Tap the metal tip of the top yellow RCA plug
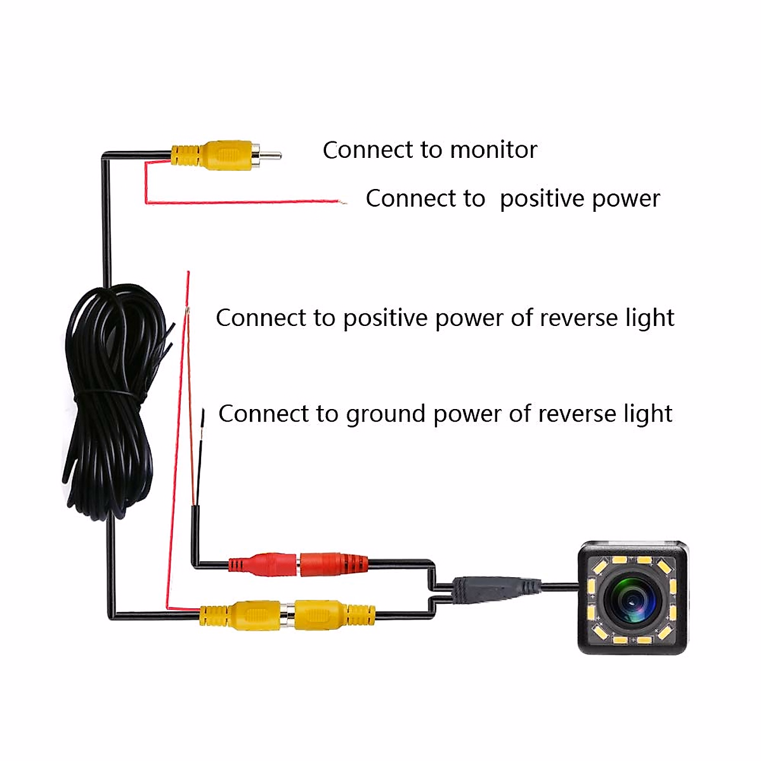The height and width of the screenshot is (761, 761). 271,154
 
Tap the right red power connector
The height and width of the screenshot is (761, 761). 333,564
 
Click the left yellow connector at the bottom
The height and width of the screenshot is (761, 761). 244,615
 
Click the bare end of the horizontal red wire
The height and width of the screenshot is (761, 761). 343,202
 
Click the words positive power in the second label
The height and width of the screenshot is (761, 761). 580,199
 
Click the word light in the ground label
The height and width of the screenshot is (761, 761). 647,413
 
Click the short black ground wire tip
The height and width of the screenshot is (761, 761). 203,415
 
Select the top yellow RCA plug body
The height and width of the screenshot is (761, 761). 222,154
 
